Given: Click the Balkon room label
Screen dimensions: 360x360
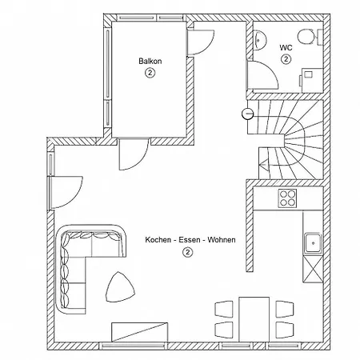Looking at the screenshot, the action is tap(150, 61).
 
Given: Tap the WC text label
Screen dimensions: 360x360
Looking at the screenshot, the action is tap(286, 48).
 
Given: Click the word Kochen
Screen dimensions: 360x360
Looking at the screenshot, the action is tap(158, 240).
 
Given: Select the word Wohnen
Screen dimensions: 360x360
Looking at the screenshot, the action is tap(222, 240).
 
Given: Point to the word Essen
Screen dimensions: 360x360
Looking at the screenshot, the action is tap(189, 240).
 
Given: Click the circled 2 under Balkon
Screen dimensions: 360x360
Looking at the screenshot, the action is tap(150, 73).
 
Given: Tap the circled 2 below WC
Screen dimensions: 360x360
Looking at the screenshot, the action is tap(286, 59).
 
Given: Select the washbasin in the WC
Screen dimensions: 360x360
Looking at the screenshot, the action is tap(259, 40).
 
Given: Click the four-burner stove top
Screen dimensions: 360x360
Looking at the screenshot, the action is tap(287, 198).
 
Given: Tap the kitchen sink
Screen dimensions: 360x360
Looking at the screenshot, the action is tap(313, 243).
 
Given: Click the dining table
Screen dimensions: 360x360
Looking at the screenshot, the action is tap(254, 319).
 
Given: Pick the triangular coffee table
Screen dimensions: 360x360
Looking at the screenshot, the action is tap(120, 287).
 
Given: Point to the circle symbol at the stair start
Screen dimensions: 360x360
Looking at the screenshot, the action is tap(247, 114).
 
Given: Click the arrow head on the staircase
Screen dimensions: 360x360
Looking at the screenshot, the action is tap(263, 166).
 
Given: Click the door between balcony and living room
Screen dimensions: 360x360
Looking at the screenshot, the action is tap(134, 154).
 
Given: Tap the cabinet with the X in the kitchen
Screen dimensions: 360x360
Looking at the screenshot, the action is tap(313, 269).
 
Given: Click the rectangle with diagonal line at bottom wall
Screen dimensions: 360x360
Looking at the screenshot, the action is tap(139, 332).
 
